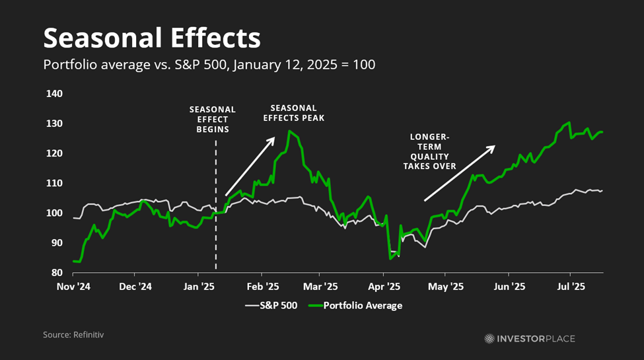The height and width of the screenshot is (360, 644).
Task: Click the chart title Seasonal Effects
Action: pos(151,38)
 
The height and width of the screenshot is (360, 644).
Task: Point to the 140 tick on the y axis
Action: pos(54,94)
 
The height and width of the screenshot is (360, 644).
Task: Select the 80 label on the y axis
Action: pos(57,273)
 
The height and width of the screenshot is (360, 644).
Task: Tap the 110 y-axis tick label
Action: pos(54,183)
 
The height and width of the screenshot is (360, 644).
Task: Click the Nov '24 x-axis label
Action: pos(73,287)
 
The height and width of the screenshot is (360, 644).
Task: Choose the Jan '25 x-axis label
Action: pos(198,287)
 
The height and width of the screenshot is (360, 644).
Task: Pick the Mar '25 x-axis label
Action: pos(320,287)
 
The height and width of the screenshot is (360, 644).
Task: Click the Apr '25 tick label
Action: pos(384,287)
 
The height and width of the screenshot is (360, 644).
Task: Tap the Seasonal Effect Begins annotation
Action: pos(212,119)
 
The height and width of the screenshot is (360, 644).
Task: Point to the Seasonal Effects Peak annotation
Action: pos(294,112)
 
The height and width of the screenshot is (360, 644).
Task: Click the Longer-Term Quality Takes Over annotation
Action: pos(429,151)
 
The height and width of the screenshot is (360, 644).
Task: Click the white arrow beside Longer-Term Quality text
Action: pos(459,172)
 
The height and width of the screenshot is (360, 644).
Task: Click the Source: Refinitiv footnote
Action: pos(73,335)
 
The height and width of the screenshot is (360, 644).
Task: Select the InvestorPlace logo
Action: pos(529,338)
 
